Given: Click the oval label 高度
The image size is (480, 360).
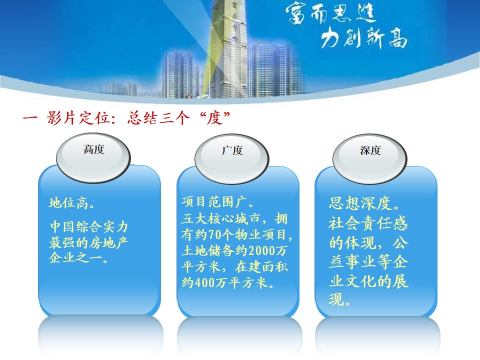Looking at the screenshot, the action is point(93,157).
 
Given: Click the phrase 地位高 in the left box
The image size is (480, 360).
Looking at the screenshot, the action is point(68,203).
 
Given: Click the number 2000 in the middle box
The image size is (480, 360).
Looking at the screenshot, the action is point(261,250).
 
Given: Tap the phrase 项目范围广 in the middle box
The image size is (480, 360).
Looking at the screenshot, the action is point(214,202).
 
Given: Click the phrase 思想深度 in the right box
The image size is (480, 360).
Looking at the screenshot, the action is point(360,203).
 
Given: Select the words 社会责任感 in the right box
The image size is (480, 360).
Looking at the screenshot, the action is point(368,223).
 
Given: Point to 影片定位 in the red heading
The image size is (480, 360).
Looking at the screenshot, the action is point(78,118).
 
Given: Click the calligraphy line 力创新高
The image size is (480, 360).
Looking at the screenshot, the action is point(364,38).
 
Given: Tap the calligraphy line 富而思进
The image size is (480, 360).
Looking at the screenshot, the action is point(331,14).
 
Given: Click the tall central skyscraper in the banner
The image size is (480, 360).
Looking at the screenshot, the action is point(228,49).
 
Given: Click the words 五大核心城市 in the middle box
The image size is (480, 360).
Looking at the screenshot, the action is point(220,219).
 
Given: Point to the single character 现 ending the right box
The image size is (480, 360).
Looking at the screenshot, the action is point(336,299).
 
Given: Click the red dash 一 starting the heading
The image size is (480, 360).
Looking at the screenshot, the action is point(30,118).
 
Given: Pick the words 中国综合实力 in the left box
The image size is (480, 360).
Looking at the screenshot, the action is point(89,227).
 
